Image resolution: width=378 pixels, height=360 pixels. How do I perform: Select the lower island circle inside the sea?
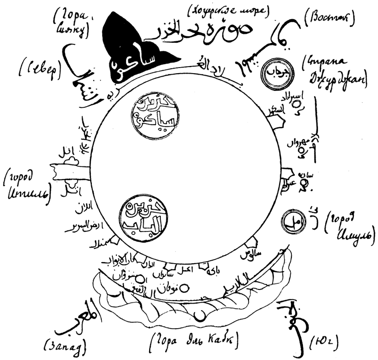tap(147, 216)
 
